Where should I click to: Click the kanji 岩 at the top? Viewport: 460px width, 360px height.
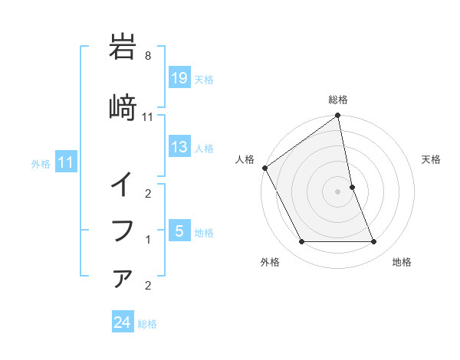pyautogui.click(x=123, y=47)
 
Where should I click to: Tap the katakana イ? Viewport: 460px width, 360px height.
pyautogui.click(x=123, y=185)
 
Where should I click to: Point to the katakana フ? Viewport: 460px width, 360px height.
pyautogui.click(x=123, y=230)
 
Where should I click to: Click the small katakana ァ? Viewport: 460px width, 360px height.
pyautogui.click(x=123, y=277)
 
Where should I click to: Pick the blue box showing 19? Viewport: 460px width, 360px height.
pyautogui.click(x=179, y=78)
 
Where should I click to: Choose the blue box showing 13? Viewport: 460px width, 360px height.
pyautogui.click(x=179, y=147)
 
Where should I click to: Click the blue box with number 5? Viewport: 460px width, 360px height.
pyautogui.click(x=179, y=231)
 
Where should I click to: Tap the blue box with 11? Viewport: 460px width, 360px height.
pyautogui.click(x=65, y=162)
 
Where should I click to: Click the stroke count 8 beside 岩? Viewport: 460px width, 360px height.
pyautogui.click(x=158, y=56)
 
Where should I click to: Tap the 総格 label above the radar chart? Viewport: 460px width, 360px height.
pyautogui.click(x=338, y=100)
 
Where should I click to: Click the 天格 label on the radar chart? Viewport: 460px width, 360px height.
pyautogui.click(x=432, y=159)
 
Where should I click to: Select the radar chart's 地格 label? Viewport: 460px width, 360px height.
pyautogui.click(x=402, y=262)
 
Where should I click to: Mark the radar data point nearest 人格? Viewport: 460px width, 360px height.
pyautogui.click(x=264, y=168)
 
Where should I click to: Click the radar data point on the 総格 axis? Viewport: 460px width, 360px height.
pyautogui.click(x=338, y=116)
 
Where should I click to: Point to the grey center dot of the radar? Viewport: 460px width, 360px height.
pyautogui.click(x=338, y=191)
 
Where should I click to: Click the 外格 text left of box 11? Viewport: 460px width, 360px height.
pyautogui.click(x=41, y=163)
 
